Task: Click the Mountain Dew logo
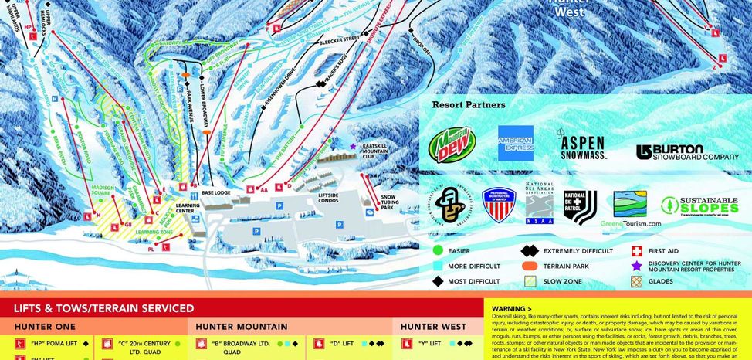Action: (452, 144)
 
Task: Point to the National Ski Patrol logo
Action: (580, 207)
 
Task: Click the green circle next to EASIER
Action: (437, 251)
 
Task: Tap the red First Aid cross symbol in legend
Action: (637, 251)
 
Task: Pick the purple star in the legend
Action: (637, 266)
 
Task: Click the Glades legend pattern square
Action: (637, 281)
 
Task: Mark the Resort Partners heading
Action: (469, 104)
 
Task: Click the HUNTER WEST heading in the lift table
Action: (432, 327)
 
